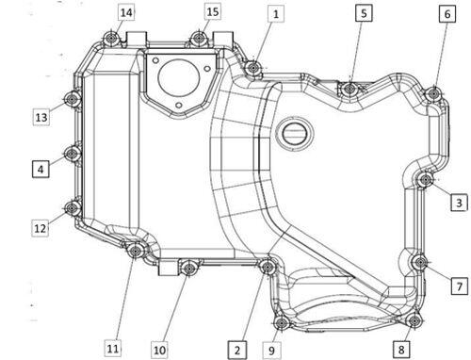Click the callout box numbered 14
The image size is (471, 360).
click(126, 12)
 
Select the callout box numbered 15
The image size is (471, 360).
click(213, 11)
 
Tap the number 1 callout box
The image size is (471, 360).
click(276, 14)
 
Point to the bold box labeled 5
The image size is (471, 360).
click(364, 13)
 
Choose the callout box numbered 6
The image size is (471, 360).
click(447, 14)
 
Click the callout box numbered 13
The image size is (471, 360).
click(41, 117)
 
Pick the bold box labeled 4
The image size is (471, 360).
click(41, 169)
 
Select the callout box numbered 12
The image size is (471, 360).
click(40, 228)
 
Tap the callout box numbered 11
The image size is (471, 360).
click(113, 348)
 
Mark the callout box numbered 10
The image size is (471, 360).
click(159, 350)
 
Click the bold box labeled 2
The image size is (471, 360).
click(237, 350)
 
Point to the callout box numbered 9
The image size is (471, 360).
click(271, 350)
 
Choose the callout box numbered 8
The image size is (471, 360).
click(401, 349)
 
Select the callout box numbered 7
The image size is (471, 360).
click(460, 286)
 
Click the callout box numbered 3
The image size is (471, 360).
click(459, 203)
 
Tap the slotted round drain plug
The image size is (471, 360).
click(295, 134)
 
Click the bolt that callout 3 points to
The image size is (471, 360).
click(426, 180)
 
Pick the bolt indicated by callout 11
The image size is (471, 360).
click(136, 251)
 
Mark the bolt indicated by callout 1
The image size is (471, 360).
click(252, 67)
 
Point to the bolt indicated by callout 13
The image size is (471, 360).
click(72, 99)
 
